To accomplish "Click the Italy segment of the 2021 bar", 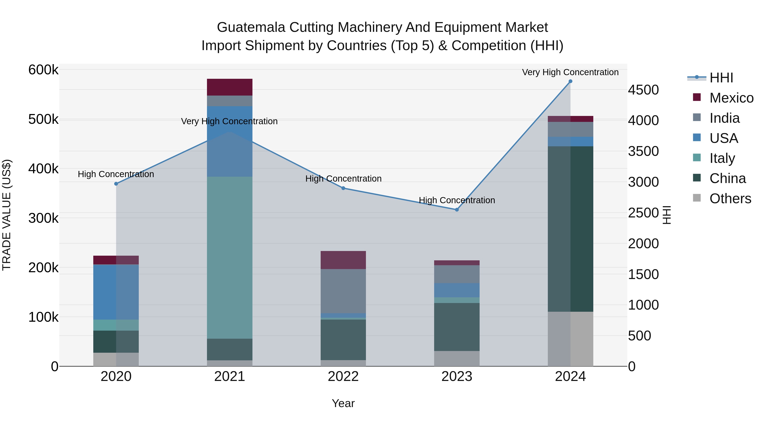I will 229,257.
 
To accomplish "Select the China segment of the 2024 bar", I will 570,229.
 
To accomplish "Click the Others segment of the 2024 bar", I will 570,339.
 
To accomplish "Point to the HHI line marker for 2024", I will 570,81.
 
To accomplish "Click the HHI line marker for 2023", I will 457,210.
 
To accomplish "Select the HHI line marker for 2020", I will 116,184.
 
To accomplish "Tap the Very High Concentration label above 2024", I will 570,72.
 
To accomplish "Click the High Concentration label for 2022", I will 343,179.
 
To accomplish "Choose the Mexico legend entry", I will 731,98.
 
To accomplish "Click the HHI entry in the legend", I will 721,78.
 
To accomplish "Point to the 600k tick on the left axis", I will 43,70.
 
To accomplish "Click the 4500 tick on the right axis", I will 643,90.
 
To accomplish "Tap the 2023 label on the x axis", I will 457,376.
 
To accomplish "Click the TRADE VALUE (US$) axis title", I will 7,215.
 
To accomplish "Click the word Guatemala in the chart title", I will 251,27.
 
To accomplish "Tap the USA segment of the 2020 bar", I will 116,292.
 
